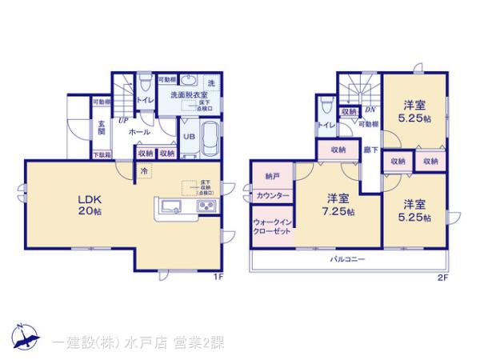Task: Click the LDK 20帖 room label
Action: (89, 207)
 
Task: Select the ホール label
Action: (140, 133)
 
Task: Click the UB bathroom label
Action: (189, 137)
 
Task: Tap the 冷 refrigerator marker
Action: (145, 170)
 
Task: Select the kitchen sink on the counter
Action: (172, 208)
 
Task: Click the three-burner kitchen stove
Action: (206, 208)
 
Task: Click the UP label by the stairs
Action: (123, 121)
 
